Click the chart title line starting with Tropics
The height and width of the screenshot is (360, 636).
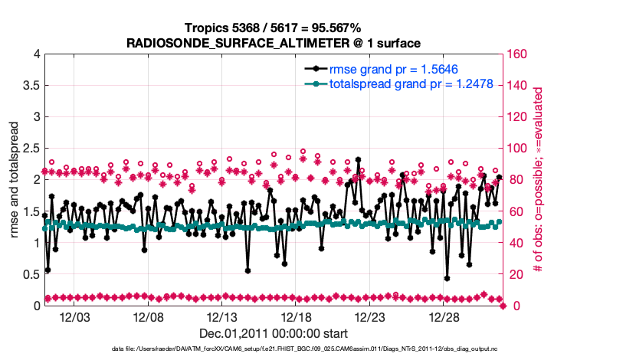pyautogui.click(x=274, y=28)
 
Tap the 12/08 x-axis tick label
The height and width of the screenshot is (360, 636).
pyautogui.click(x=149, y=317)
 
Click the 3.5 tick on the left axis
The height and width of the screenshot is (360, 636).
pyautogui.click(x=31, y=87)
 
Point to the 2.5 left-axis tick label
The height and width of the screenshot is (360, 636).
pyautogui.click(x=31, y=149)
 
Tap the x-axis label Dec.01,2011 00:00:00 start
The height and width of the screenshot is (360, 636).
pyautogui.click(x=274, y=333)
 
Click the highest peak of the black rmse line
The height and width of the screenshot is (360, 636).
pyautogui.click(x=359, y=160)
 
